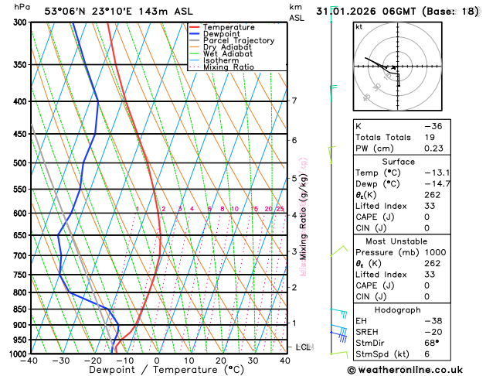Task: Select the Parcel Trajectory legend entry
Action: point(238,41)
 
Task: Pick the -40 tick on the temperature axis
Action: point(30,361)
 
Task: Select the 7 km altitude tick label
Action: point(294,101)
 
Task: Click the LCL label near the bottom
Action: point(303,347)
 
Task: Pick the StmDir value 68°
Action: point(432,342)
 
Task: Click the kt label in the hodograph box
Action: point(359,26)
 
